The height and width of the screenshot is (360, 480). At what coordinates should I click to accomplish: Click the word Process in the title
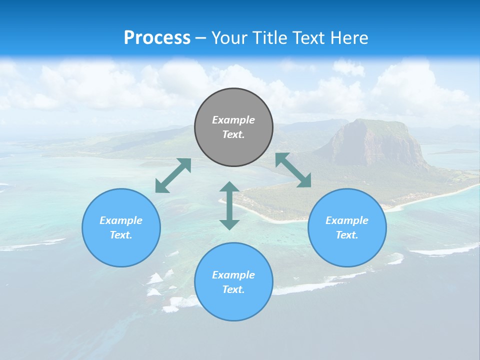click(x=157, y=38)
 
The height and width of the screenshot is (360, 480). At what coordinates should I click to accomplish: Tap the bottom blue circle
click(x=233, y=305)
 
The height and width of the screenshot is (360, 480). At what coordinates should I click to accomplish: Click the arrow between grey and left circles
click(x=173, y=175)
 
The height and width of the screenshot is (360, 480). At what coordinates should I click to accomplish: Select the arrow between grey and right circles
click(x=293, y=170)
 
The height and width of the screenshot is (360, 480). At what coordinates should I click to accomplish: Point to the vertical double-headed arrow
click(x=229, y=205)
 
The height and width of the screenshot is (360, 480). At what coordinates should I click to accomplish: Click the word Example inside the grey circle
click(x=233, y=120)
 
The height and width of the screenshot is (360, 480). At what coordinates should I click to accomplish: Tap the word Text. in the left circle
click(x=121, y=235)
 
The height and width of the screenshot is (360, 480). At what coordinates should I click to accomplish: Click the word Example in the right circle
click(x=347, y=220)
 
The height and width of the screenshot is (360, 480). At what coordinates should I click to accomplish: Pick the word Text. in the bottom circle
click(x=233, y=289)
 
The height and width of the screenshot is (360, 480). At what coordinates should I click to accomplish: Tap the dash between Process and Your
click(x=201, y=38)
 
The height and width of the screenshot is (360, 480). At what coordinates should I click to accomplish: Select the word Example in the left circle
click(x=121, y=220)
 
